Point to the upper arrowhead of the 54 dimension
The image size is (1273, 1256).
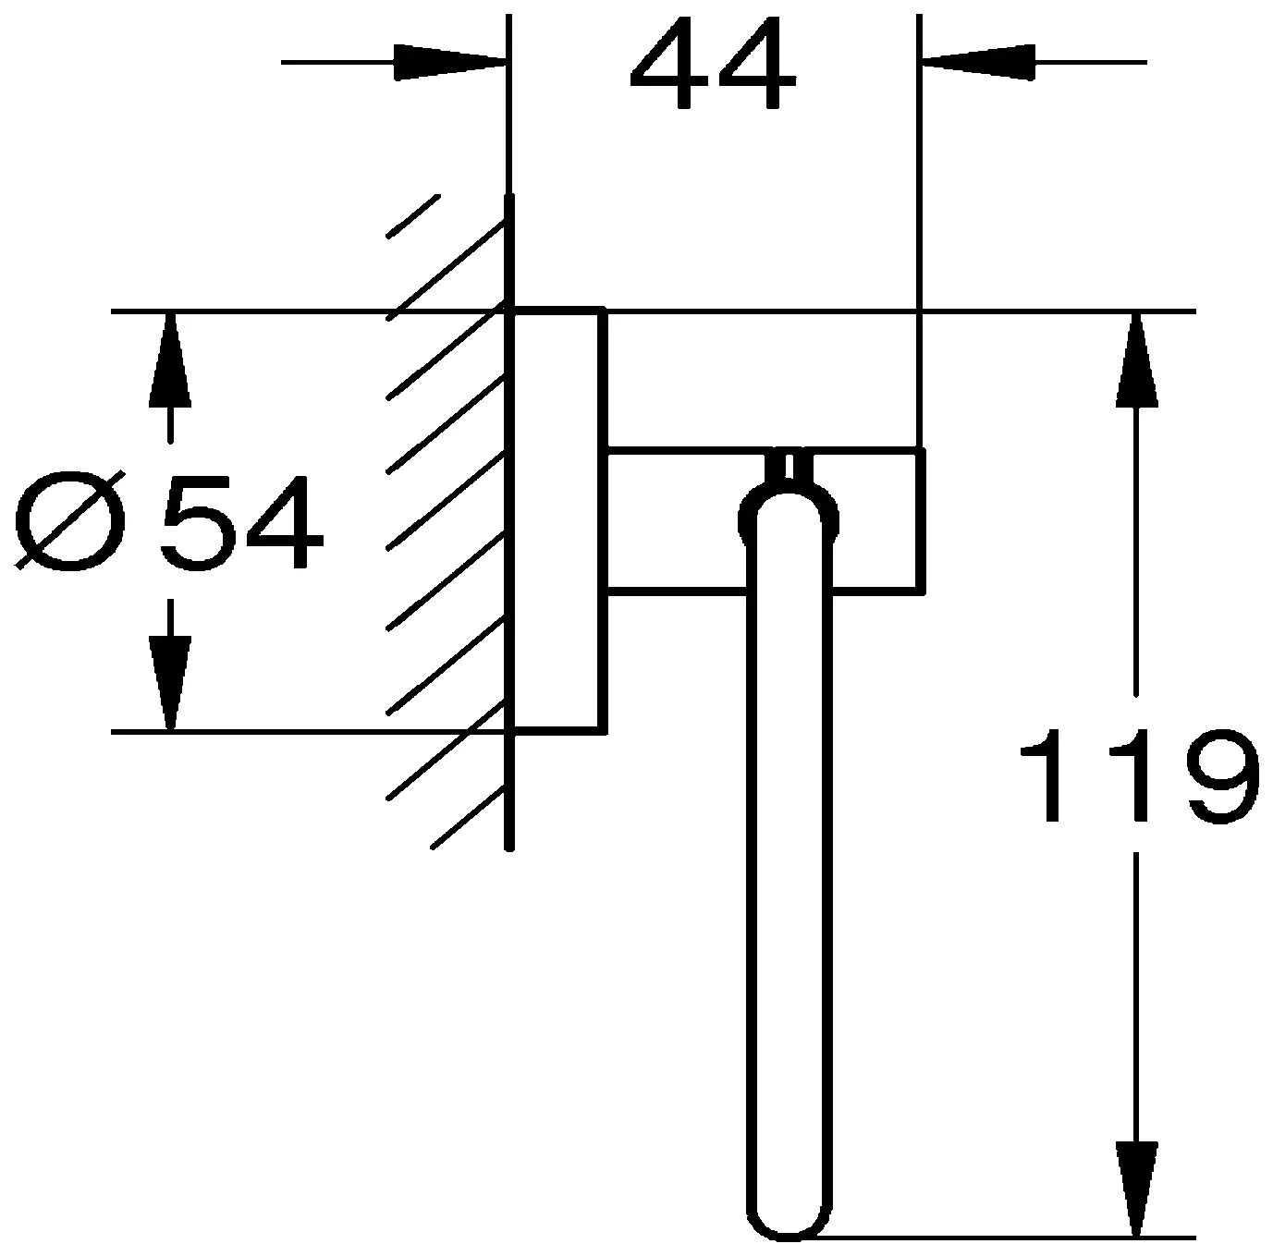pos(169,360)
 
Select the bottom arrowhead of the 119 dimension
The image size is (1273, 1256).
pos(1137,1188)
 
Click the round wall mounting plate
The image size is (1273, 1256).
pos(558,519)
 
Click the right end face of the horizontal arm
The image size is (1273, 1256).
pos(921,519)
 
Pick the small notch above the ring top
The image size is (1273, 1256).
pos(789,467)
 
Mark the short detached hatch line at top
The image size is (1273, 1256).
pos(412,216)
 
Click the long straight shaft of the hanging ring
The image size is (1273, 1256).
pos(789,878)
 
